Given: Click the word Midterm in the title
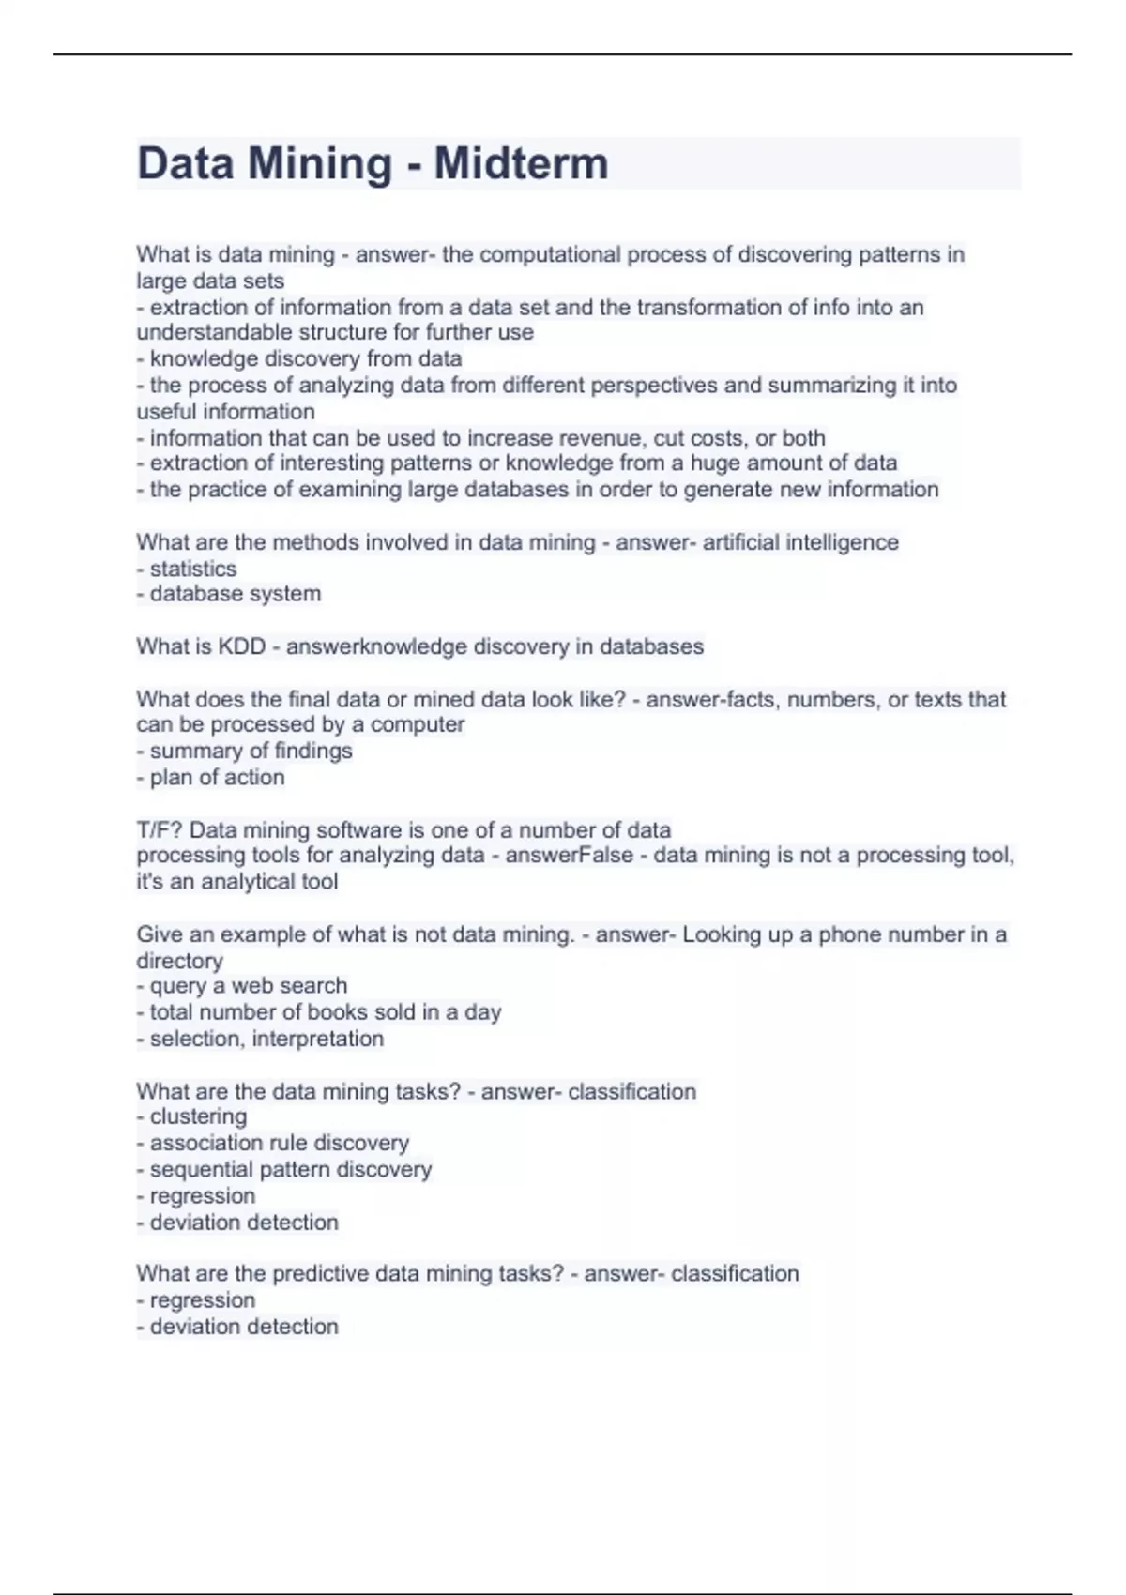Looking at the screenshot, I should point(521,163).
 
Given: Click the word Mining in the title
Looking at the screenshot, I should point(320,163).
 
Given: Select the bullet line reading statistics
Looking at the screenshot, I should point(192,569).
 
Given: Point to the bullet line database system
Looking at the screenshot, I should point(235,594).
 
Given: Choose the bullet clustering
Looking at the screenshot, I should point(198,1116).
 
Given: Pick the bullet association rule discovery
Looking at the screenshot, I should point(279,1143).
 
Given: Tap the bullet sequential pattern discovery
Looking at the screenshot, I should point(290,1169).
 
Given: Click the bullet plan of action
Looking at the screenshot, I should point(217,777).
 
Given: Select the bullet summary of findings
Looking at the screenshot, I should point(251,751).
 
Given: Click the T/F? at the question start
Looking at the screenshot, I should point(160,830).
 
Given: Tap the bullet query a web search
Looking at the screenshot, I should point(248,986).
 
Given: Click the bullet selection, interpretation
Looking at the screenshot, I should point(266,1039).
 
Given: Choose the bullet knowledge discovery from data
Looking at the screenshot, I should point(305,358).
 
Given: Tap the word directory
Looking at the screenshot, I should point(179,961).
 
